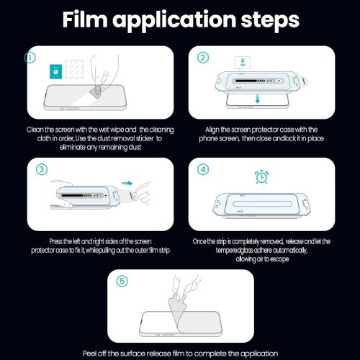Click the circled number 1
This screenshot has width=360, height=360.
pyautogui.click(x=30, y=58)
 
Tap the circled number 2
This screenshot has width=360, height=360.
pyautogui.click(x=203, y=58)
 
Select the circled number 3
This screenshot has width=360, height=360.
pyautogui.click(x=42, y=169)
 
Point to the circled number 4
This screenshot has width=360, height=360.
pyautogui.click(x=203, y=169)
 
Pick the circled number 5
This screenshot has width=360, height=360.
pyautogui.click(x=122, y=282)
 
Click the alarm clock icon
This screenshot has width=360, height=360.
pyautogui.click(x=261, y=177)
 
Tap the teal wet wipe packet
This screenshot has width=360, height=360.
pyautogui.click(x=55, y=71)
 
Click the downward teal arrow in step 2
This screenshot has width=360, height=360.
pyautogui.click(x=258, y=99)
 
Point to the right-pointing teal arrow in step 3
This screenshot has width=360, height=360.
pyautogui.click(x=127, y=184)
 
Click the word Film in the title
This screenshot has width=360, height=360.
pyautogui.click(x=85, y=19)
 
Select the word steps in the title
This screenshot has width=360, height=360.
pyautogui.click(x=270, y=20)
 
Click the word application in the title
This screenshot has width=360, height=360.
pyautogui.click(x=174, y=21)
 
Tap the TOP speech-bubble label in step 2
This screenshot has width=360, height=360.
pyautogui.click(x=243, y=63)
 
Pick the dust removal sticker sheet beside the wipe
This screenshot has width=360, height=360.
pyautogui.click(x=74, y=69)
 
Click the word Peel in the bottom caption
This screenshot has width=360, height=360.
pyautogui.click(x=90, y=354)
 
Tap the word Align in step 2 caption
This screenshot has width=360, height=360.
pyautogui.click(x=212, y=130)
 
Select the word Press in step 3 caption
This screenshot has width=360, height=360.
pyautogui.click(x=56, y=241)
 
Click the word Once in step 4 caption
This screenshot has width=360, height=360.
pyautogui.click(x=200, y=241)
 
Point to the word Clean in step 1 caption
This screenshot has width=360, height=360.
pyautogui.click(x=35, y=130)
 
